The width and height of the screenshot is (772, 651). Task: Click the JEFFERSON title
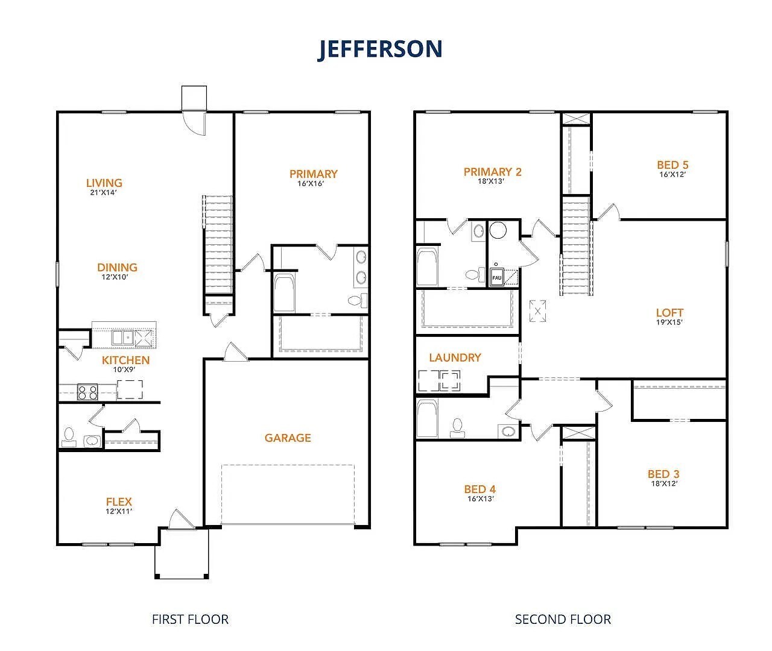[x=380, y=49]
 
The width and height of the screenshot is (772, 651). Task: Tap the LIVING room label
[x=104, y=183]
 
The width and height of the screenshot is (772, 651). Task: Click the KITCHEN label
[x=125, y=360]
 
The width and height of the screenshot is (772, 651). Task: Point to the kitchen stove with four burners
[x=87, y=392]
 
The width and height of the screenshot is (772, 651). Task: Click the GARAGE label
[x=288, y=438]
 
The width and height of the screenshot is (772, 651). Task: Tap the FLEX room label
[x=119, y=502]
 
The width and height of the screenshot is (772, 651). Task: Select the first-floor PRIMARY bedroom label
[x=313, y=174]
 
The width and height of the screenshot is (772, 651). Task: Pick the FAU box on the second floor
[x=497, y=278]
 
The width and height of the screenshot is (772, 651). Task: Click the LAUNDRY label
[x=455, y=357]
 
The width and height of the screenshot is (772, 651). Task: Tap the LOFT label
[x=669, y=312]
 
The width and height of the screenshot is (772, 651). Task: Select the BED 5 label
[x=672, y=165]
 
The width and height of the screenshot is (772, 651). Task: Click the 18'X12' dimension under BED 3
[x=663, y=483]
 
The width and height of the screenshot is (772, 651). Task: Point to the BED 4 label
[x=480, y=489]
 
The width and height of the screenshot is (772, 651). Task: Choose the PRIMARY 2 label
[x=492, y=172]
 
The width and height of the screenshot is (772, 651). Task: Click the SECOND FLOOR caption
[x=562, y=619]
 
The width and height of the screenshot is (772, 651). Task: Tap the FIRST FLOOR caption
[x=190, y=619]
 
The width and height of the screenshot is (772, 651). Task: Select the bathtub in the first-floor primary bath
[x=284, y=294]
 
